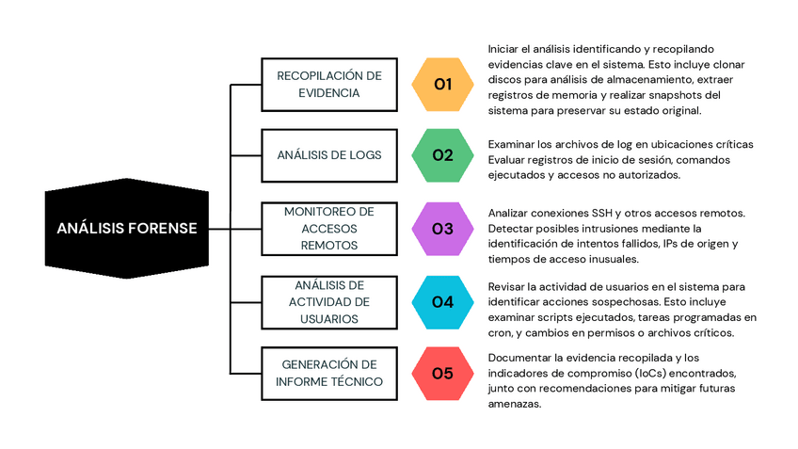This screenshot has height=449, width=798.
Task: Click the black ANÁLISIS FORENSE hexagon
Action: (x=126, y=228)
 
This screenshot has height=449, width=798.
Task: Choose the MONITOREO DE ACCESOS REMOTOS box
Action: (x=328, y=228)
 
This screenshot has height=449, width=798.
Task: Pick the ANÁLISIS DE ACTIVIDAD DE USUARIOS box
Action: (x=328, y=301)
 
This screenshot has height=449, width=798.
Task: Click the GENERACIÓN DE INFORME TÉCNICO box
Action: (x=328, y=373)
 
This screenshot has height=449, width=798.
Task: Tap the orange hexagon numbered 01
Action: (x=443, y=85)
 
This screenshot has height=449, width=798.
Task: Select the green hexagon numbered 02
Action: (x=443, y=155)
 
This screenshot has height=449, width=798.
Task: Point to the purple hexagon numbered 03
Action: (x=443, y=228)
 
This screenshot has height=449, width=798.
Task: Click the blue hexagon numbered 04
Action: (x=443, y=301)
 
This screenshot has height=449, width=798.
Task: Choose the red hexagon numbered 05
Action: (x=443, y=373)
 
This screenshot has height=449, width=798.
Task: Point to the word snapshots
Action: (x=678, y=95)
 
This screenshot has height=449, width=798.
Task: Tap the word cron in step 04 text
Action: (x=500, y=332)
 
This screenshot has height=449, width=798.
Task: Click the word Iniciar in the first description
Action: (x=506, y=49)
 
